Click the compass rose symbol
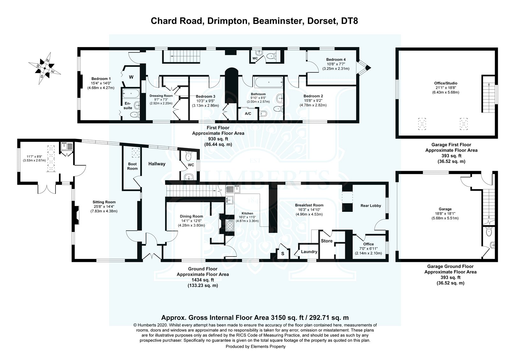[x=45, y=68]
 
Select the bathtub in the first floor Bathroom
[x=267, y=83]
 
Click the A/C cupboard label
[x=248, y=113]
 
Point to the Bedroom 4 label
[x=336, y=60]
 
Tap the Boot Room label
[x=132, y=166]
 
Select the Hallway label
[x=157, y=164]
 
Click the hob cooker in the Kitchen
[x=229, y=226]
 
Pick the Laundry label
[x=309, y=252]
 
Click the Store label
[x=327, y=241]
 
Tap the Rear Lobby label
[x=371, y=205]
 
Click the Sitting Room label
[x=104, y=202]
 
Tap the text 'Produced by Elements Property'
[x=255, y=347]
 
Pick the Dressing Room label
[x=161, y=96]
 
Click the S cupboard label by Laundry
[x=282, y=254]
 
